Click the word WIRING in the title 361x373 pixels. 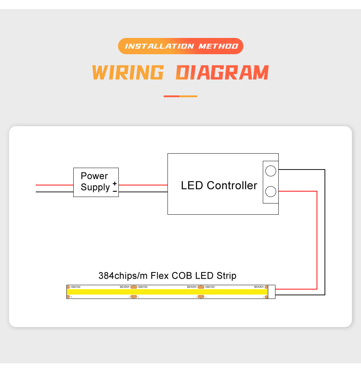128,72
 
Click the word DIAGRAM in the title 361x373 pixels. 222,72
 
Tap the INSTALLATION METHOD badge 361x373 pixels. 180,46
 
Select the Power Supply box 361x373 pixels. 96,182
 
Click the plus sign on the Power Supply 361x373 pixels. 115,184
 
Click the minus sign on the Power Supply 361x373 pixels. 115,191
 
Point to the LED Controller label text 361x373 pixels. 219,185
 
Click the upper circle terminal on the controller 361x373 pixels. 271,171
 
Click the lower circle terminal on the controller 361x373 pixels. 271,192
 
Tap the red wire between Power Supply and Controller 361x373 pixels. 143,185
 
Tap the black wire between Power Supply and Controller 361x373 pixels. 143,192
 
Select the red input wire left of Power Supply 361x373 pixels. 55,185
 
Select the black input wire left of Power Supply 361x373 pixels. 55,192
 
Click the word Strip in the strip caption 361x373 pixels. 226,276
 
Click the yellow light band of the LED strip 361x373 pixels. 167,292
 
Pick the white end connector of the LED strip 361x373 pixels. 271,292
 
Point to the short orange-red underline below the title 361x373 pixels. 180,97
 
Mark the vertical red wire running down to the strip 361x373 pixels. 317,240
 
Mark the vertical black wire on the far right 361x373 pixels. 325,232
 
